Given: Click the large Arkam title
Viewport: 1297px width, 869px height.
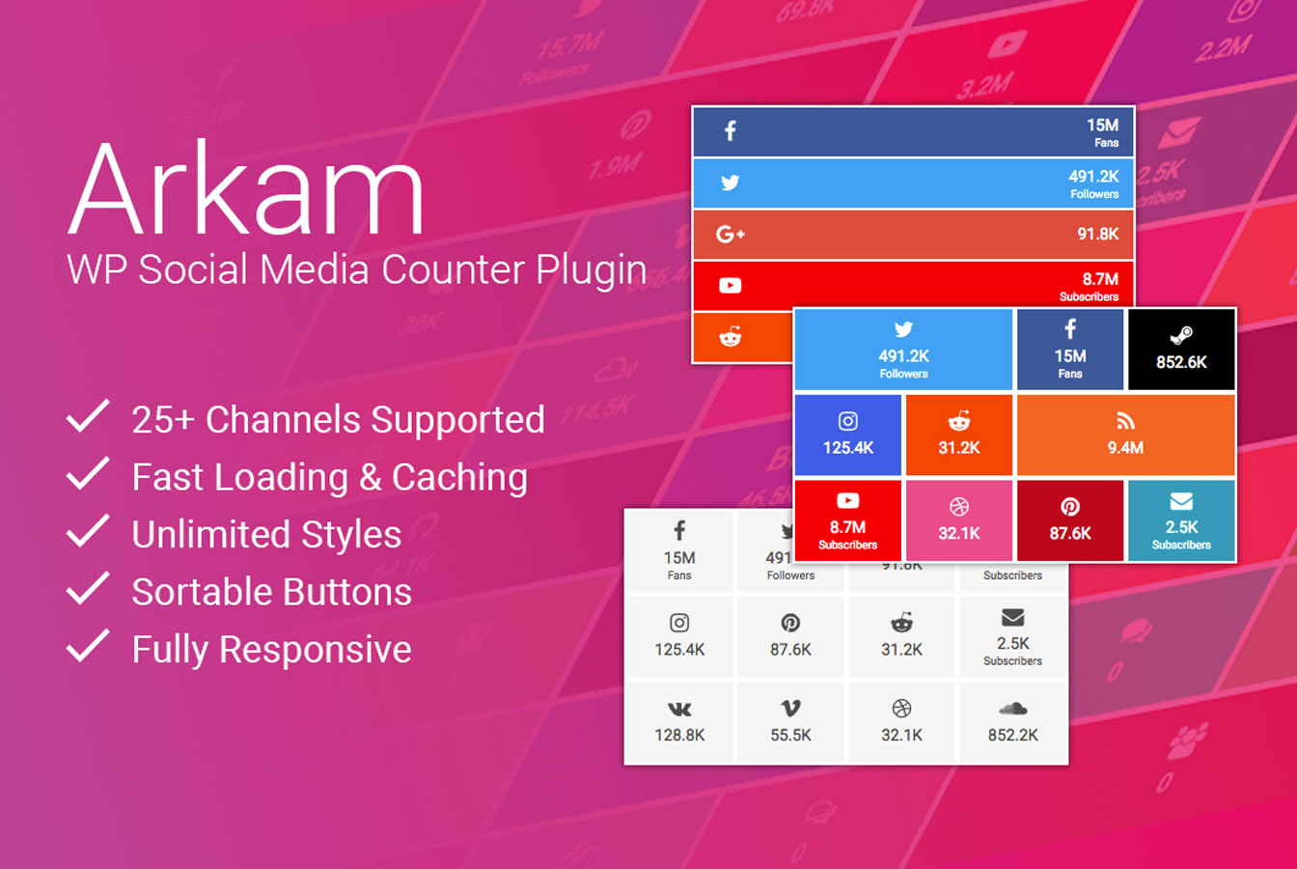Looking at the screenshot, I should click(x=247, y=189).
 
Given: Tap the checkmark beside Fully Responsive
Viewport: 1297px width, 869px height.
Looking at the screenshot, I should click(x=88, y=646).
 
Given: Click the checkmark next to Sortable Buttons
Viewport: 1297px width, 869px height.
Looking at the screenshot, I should click(x=88, y=588).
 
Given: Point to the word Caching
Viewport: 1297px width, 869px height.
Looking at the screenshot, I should click(x=459, y=477).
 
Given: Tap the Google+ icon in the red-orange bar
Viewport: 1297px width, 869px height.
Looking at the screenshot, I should click(x=731, y=234).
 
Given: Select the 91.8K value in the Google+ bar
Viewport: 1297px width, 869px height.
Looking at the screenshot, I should click(x=1097, y=234).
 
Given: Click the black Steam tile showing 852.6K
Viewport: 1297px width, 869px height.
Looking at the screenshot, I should click(x=1181, y=350).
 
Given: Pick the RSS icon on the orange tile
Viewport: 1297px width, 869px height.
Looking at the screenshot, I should click(x=1125, y=421).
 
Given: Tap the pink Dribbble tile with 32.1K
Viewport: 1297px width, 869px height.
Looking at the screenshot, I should click(x=959, y=520).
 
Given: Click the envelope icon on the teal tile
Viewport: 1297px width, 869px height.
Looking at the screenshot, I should click(x=1181, y=501).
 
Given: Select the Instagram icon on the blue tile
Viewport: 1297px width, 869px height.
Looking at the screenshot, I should click(x=848, y=421).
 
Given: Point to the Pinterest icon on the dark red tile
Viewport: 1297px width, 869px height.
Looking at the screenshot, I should click(x=1070, y=507).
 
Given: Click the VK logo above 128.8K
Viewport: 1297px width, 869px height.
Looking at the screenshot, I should click(x=679, y=709).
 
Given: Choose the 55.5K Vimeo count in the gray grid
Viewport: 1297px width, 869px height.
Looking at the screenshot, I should click(x=790, y=735).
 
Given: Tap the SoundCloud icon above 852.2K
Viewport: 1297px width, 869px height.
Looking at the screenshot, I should click(x=1012, y=709).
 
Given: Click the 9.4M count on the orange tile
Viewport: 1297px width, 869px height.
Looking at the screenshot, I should click(x=1125, y=448).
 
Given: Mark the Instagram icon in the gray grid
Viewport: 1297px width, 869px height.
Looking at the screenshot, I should click(x=679, y=623).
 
